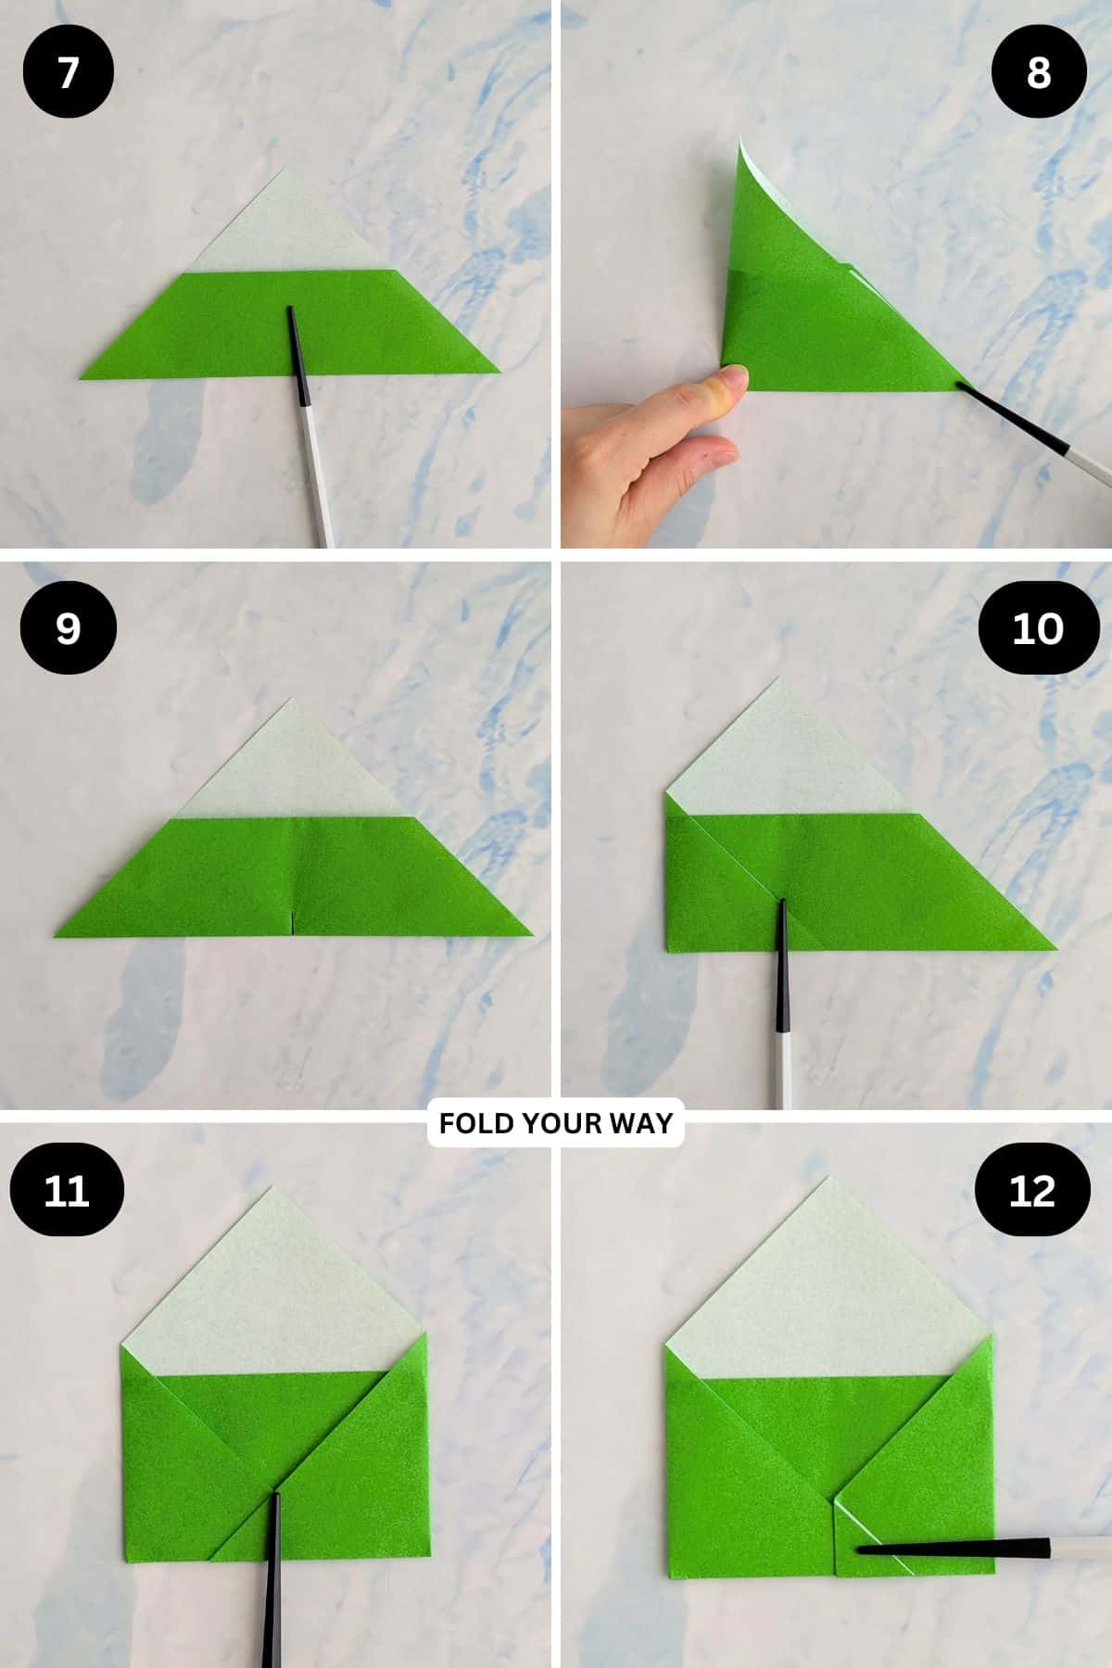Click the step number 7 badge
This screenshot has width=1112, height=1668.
pos(68,73)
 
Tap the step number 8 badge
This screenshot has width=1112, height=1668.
pos(1038,73)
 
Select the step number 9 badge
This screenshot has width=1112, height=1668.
pos(68,629)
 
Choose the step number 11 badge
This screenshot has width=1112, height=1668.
pos(67,1190)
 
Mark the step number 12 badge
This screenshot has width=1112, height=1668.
pos(1032,1190)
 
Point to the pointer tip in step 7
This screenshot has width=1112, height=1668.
pos(291,311)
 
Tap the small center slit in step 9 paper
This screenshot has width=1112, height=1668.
pos(292,923)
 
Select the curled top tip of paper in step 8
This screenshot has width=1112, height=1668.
pos(742,141)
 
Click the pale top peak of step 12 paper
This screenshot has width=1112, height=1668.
pos(828,1181)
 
